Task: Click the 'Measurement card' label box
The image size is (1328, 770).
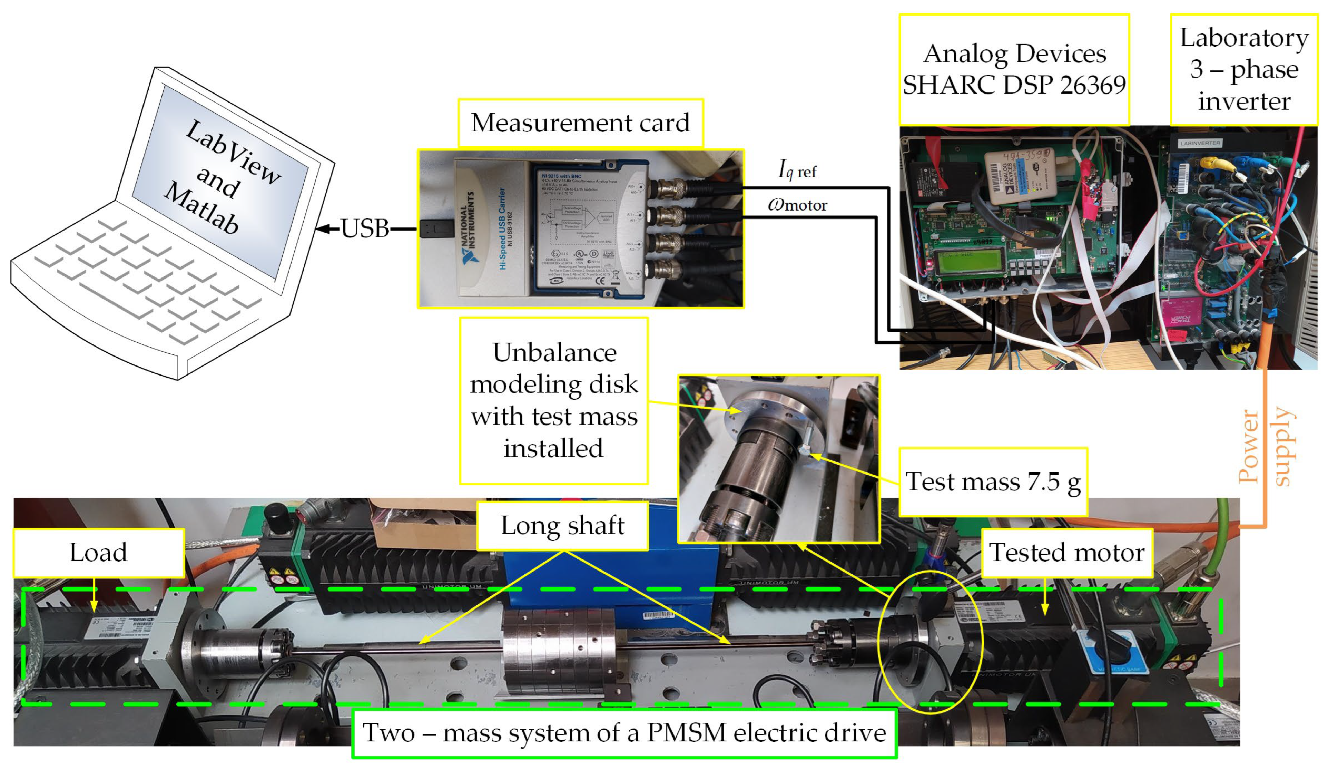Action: point(580,123)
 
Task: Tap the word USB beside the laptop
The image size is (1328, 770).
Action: point(365,229)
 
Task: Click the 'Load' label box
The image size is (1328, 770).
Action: point(99,552)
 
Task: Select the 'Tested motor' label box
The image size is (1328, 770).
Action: point(1066,552)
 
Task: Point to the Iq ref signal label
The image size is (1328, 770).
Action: point(797,170)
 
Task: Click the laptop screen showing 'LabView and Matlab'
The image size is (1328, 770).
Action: point(222,179)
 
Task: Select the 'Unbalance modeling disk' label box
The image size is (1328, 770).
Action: point(553,401)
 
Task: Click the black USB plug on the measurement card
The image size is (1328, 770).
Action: point(436,229)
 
